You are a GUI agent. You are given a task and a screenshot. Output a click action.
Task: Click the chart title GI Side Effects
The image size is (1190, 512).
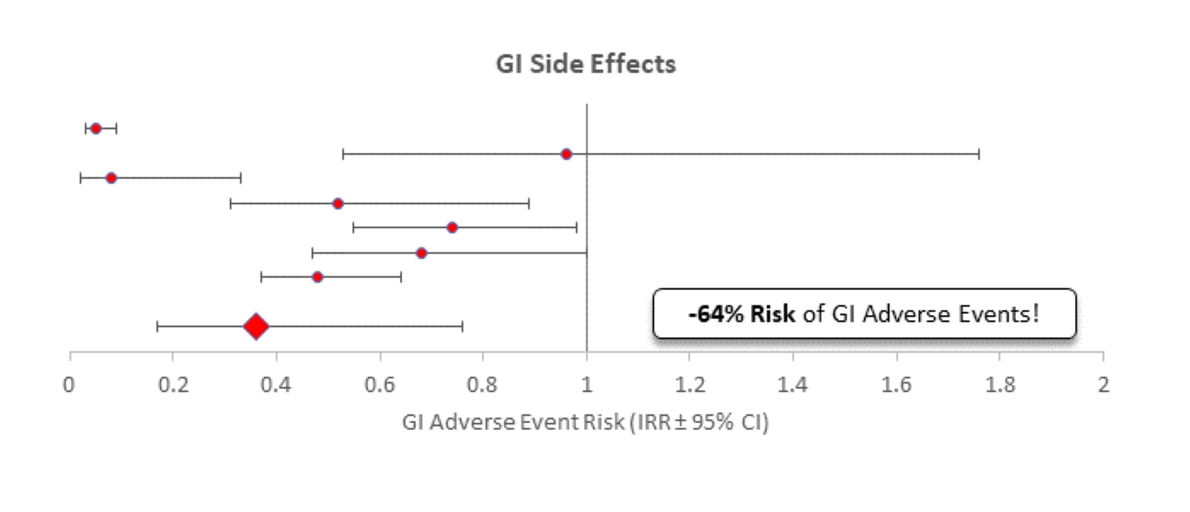(586, 65)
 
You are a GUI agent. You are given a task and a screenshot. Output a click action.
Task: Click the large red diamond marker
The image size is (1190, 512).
(256, 326)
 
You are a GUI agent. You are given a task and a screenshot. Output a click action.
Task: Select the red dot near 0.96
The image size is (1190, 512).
(566, 154)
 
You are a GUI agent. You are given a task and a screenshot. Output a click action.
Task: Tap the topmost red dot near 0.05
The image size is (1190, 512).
(95, 128)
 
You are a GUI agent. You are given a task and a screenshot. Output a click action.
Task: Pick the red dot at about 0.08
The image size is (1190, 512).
(111, 177)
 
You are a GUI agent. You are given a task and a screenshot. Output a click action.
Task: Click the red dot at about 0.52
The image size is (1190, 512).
(338, 203)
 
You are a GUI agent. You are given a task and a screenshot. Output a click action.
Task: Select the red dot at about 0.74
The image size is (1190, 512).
(452, 227)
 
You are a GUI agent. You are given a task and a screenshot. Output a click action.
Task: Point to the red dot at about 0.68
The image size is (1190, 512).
(421, 253)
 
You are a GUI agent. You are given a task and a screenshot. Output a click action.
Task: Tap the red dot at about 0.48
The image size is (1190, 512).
(317, 276)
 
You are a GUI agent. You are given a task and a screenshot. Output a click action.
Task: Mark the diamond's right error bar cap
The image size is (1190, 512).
(462, 326)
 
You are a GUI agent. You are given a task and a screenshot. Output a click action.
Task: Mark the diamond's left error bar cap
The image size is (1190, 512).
(157, 326)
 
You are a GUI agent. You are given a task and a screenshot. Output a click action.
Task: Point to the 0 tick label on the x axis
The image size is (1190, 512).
(70, 384)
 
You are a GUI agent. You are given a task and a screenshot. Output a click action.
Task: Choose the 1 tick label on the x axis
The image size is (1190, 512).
(586, 384)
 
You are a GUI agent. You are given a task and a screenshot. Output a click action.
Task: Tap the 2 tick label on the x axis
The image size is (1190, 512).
(1103, 384)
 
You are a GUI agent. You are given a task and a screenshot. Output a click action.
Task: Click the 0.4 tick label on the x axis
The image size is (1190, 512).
(276, 384)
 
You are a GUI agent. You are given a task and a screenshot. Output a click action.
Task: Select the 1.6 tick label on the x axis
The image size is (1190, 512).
(897, 384)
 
